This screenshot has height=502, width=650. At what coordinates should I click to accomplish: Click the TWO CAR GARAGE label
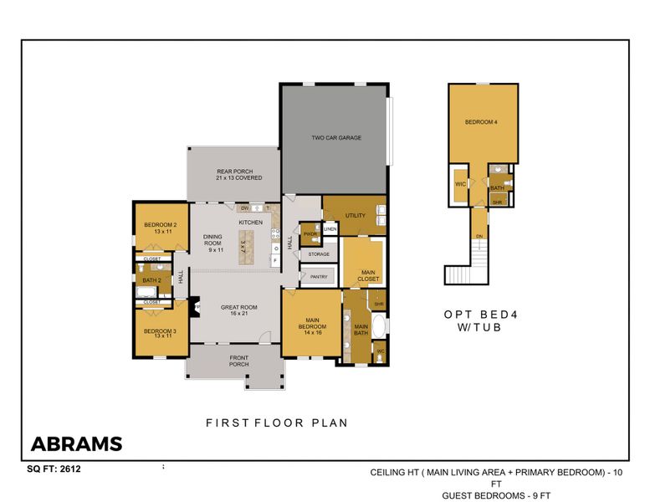(335, 138)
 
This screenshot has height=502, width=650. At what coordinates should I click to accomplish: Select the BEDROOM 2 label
(159, 228)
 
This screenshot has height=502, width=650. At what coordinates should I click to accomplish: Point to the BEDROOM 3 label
(159, 334)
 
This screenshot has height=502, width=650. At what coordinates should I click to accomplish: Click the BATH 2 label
(151, 280)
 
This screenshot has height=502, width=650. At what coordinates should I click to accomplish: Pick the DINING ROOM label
(213, 243)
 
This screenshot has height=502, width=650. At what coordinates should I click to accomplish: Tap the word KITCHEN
(251, 223)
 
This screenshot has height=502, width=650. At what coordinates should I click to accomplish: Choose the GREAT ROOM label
(238, 310)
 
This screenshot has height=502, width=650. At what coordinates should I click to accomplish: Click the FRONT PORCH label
(238, 361)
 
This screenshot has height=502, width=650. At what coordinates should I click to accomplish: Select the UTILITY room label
(356, 216)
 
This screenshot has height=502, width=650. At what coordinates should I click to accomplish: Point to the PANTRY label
(319, 276)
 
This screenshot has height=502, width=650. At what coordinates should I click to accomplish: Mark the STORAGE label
(319, 254)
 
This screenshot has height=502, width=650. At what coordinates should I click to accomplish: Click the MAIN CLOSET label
(368, 274)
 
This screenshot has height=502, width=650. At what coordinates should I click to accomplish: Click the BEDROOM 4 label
(481, 123)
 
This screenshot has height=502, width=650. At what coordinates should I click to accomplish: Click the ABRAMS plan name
(76, 444)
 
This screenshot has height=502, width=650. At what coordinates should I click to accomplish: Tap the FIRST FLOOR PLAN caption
(277, 423)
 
